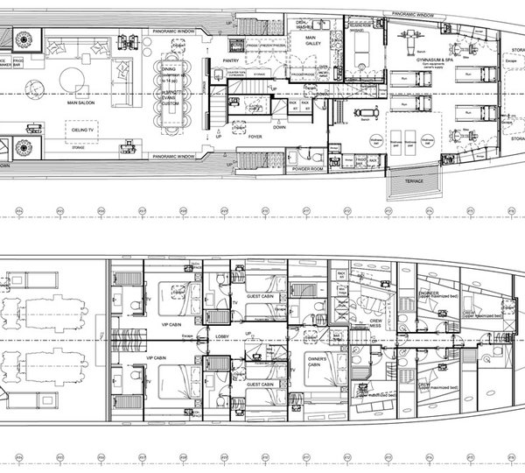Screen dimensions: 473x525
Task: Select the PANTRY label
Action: (x=246, y=60)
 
